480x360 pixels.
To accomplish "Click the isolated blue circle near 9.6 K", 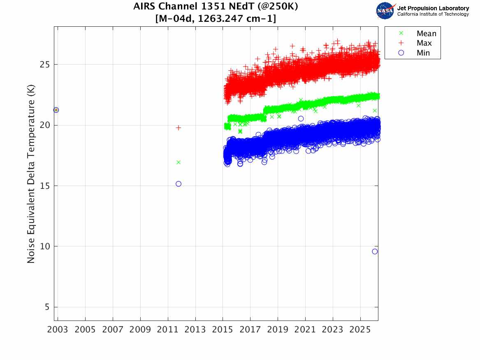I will click(x=375, y=251).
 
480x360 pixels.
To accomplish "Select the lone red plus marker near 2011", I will click(x=179, y=128).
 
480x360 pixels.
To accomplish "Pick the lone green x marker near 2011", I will click(x=179, y=162).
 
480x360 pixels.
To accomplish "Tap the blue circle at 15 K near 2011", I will click(x=179, y=184).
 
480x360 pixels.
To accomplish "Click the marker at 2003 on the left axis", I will click(x=56, y=110).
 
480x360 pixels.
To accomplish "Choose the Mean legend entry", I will click(x=426, y=34).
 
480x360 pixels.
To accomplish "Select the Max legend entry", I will click(x=424, y=43).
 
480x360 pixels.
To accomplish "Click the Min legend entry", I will click(x=423, y=53).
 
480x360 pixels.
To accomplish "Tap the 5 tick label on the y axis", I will click(x=47, y=307).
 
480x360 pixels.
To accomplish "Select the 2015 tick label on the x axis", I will click(x=223, y=330).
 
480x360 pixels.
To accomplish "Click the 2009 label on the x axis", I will click(x=140, y=330).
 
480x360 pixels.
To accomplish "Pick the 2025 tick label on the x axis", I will click(x=360, y=330).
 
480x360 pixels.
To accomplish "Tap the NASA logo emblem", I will click(x=385, y=11).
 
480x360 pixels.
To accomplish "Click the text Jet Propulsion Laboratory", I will click(x=433, y=8).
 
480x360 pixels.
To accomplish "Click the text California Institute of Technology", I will click(x=433, y=14).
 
